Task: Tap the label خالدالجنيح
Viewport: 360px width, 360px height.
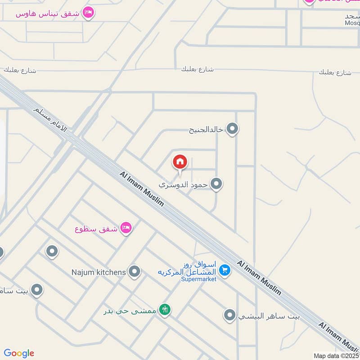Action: click(206, 130)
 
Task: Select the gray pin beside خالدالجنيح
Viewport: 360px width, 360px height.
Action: click(232, 130)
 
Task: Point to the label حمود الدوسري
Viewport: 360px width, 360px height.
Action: click(183, 184)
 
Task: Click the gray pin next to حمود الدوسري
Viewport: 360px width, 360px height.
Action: click(216, 184)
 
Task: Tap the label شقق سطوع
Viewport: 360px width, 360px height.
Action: click(96, 229)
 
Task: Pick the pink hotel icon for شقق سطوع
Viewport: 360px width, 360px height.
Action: click(126, 228)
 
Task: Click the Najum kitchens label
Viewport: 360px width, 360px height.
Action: click(99, 272)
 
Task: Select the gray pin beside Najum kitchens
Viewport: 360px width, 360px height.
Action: click(134, 271)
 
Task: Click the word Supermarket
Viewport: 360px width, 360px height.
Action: click(198, 279)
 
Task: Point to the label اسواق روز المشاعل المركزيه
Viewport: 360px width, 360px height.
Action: click(187, 268)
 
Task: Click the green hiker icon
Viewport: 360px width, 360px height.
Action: click(165, 310)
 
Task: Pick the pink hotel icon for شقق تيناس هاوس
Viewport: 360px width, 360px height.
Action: click(88, 13)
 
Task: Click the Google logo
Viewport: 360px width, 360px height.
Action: click(19, 353)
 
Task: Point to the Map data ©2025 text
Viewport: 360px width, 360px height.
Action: click(336, 356)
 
